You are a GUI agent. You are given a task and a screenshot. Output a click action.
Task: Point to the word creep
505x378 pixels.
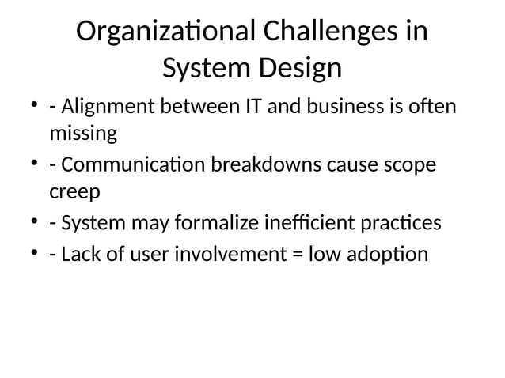pyautogui.click(x=70, y=193)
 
